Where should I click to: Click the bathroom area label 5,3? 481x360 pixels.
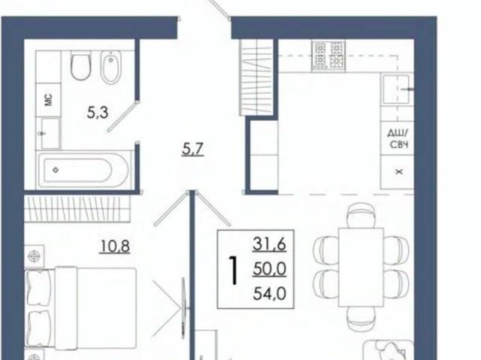(98, 113)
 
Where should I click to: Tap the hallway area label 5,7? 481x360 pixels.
(192, 150)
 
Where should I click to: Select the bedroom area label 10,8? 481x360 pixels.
(115, 247)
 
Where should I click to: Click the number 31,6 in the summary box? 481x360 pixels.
(269, 244)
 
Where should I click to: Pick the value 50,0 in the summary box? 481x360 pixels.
(269, 269)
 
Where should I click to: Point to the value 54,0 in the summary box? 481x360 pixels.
(269, 294)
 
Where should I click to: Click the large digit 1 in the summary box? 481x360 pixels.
(234, 271)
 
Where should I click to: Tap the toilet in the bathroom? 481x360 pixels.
(80, 66)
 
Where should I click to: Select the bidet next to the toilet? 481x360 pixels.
(111, 67)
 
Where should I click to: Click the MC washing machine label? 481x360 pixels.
(48, 100)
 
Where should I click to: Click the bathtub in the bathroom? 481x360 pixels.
(83, 170)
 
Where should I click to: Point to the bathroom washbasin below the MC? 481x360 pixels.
(50, 133)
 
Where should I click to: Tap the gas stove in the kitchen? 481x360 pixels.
(328, 56)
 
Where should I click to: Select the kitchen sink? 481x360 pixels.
(396, 89)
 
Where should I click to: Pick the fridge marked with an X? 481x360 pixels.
(397, 172)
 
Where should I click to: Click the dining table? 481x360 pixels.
(361, 267)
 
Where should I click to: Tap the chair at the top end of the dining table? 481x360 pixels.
(361, 216)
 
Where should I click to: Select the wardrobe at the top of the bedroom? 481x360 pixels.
(77, 208)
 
